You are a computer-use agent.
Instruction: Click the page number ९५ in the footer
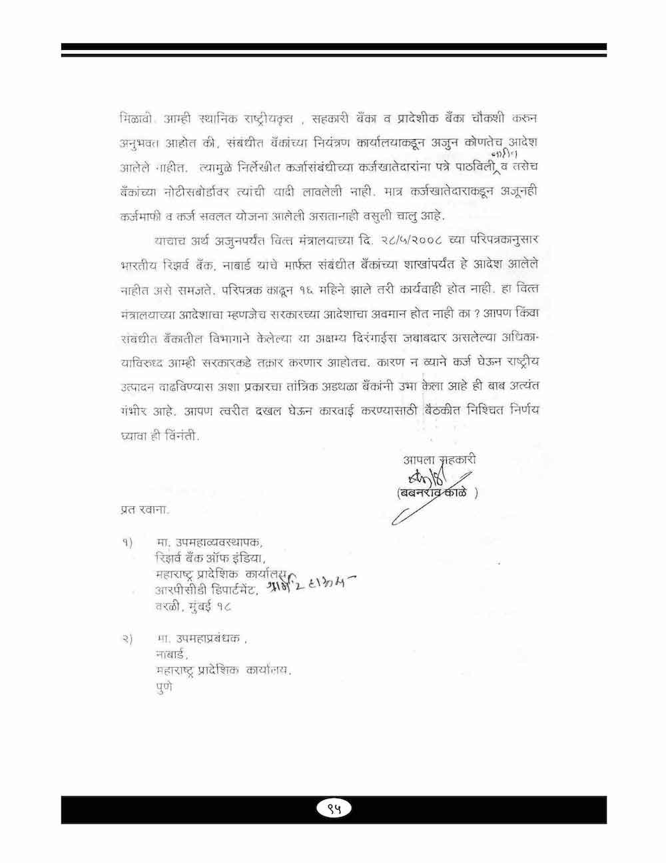pyautogui.click(x=334, y=809)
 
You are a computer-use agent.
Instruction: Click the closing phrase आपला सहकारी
pyautogui.click(x=440, y=459)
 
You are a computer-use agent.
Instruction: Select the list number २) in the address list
pyautogui.click(x=129, y=640)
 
